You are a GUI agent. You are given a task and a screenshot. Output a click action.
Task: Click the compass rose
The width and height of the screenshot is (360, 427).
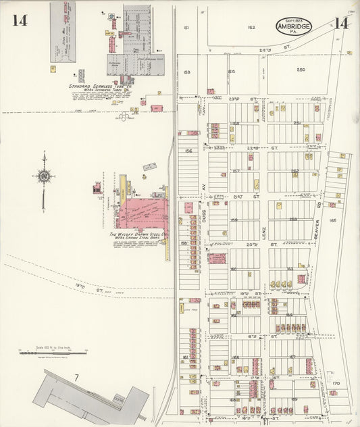(x=44, y=177)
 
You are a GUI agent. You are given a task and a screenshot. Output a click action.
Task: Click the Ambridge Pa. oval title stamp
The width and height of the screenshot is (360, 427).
(x=293, y=26)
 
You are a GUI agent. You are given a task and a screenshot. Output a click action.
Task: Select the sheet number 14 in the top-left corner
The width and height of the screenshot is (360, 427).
(x=19, y=20)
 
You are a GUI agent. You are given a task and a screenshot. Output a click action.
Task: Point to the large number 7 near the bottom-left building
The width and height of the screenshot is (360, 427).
(x=77, y=376)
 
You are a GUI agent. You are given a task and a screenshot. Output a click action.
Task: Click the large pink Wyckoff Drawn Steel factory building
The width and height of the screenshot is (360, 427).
(x=142, y=214)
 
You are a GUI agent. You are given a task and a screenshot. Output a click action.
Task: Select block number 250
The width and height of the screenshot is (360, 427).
(x=301, y=70)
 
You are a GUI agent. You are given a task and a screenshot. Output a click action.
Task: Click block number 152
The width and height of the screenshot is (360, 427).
(x=251, y=28)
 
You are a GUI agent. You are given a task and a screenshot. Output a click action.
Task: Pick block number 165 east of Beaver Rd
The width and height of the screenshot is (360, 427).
(x=332, y=220)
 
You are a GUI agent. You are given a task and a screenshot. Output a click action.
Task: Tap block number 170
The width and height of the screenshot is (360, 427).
(x=336, y=383)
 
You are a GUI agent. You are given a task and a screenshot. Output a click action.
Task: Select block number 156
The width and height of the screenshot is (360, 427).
(x=188, y=151)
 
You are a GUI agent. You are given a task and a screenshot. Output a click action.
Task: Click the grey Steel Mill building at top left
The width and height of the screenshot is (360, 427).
(x=63, y=32)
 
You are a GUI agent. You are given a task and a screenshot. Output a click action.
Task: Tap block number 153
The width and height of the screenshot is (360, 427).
(x=187, y=72)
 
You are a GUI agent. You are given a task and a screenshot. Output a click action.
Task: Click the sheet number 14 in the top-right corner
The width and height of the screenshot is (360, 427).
(x=340, y=24)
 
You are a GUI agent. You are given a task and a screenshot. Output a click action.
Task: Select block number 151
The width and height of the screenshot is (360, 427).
(x=186, y=28)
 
